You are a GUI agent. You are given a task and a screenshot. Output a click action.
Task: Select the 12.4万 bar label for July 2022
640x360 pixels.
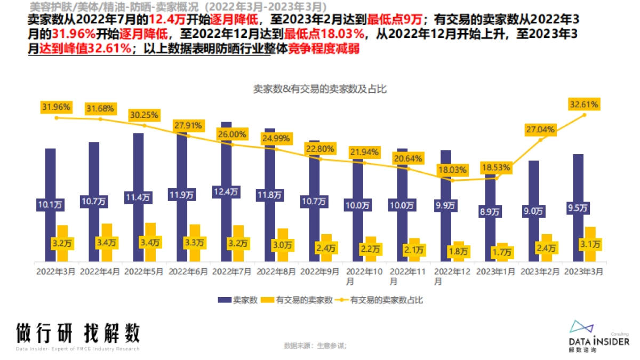pyautogui.click(x=226, y=192)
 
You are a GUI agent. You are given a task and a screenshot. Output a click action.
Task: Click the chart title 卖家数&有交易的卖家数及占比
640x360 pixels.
pyautogui.click(x=319, y=89)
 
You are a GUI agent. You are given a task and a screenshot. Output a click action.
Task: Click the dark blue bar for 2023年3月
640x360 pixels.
pyautogui.click(x=578, y=181)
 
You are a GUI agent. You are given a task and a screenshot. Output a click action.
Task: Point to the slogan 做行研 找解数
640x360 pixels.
pyautogui.click(x=78, y=333)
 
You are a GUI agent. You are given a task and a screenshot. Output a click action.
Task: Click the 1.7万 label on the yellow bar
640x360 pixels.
pyautogui.click(x=501, y=252)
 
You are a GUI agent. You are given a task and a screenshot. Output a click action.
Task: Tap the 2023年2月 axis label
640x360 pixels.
pyautogui.click(x=540, y=271)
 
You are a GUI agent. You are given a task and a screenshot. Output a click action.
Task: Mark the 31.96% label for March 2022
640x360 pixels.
pyautogui.click(x=56, y=107)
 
